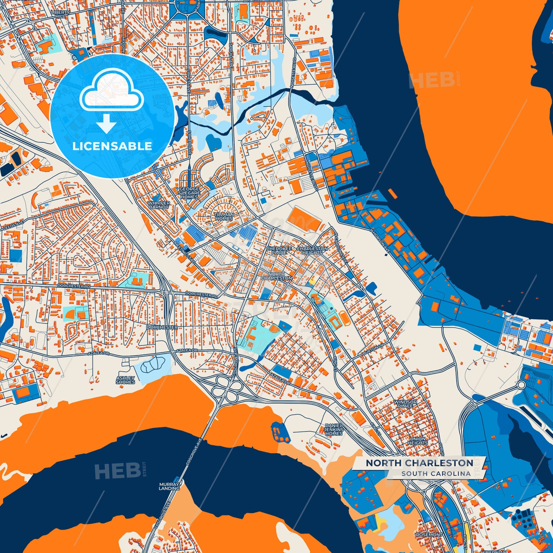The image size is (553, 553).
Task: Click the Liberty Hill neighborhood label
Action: point(60,15)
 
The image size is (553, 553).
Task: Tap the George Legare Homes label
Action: point(189,193)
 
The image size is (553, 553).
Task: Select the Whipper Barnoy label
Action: point(159,205)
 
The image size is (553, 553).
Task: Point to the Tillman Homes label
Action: point(223,217)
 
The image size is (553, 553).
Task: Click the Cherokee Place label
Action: point(279,251)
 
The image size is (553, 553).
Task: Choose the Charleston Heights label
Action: point(312,251)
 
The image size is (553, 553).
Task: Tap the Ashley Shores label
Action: point(126,380)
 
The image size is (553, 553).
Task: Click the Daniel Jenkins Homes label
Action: point(333,429)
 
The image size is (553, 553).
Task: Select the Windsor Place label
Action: point(405,404)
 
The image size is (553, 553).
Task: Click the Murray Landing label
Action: point(169,486)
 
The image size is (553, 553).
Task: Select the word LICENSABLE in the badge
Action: point(112,146)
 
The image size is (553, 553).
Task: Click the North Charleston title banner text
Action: point(419,463)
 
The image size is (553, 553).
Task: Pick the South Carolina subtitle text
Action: point(436,473)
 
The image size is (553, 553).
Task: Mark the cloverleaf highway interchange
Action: point(227,390)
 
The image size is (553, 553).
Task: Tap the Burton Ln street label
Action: point(373,349)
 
